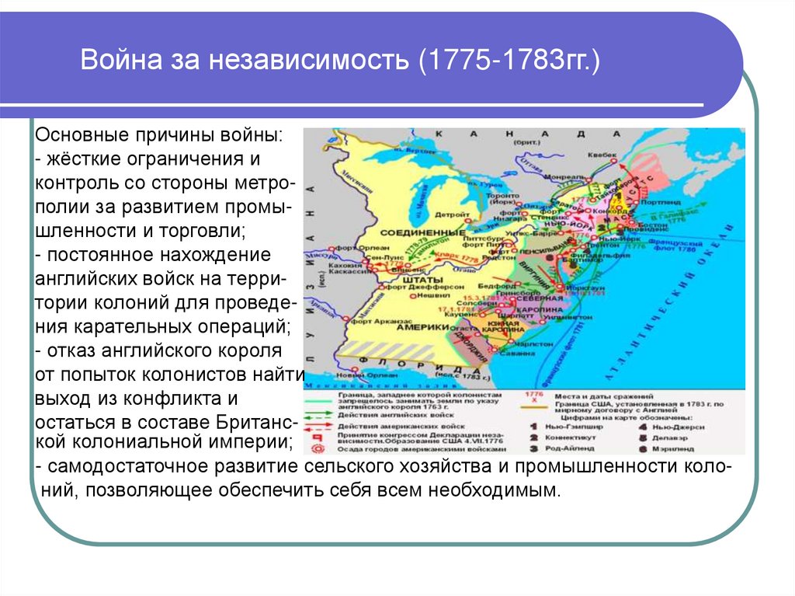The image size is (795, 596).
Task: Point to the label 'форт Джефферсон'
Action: [x=415, y=285]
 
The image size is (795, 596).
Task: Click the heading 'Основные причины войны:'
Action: [x=159, y=134]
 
